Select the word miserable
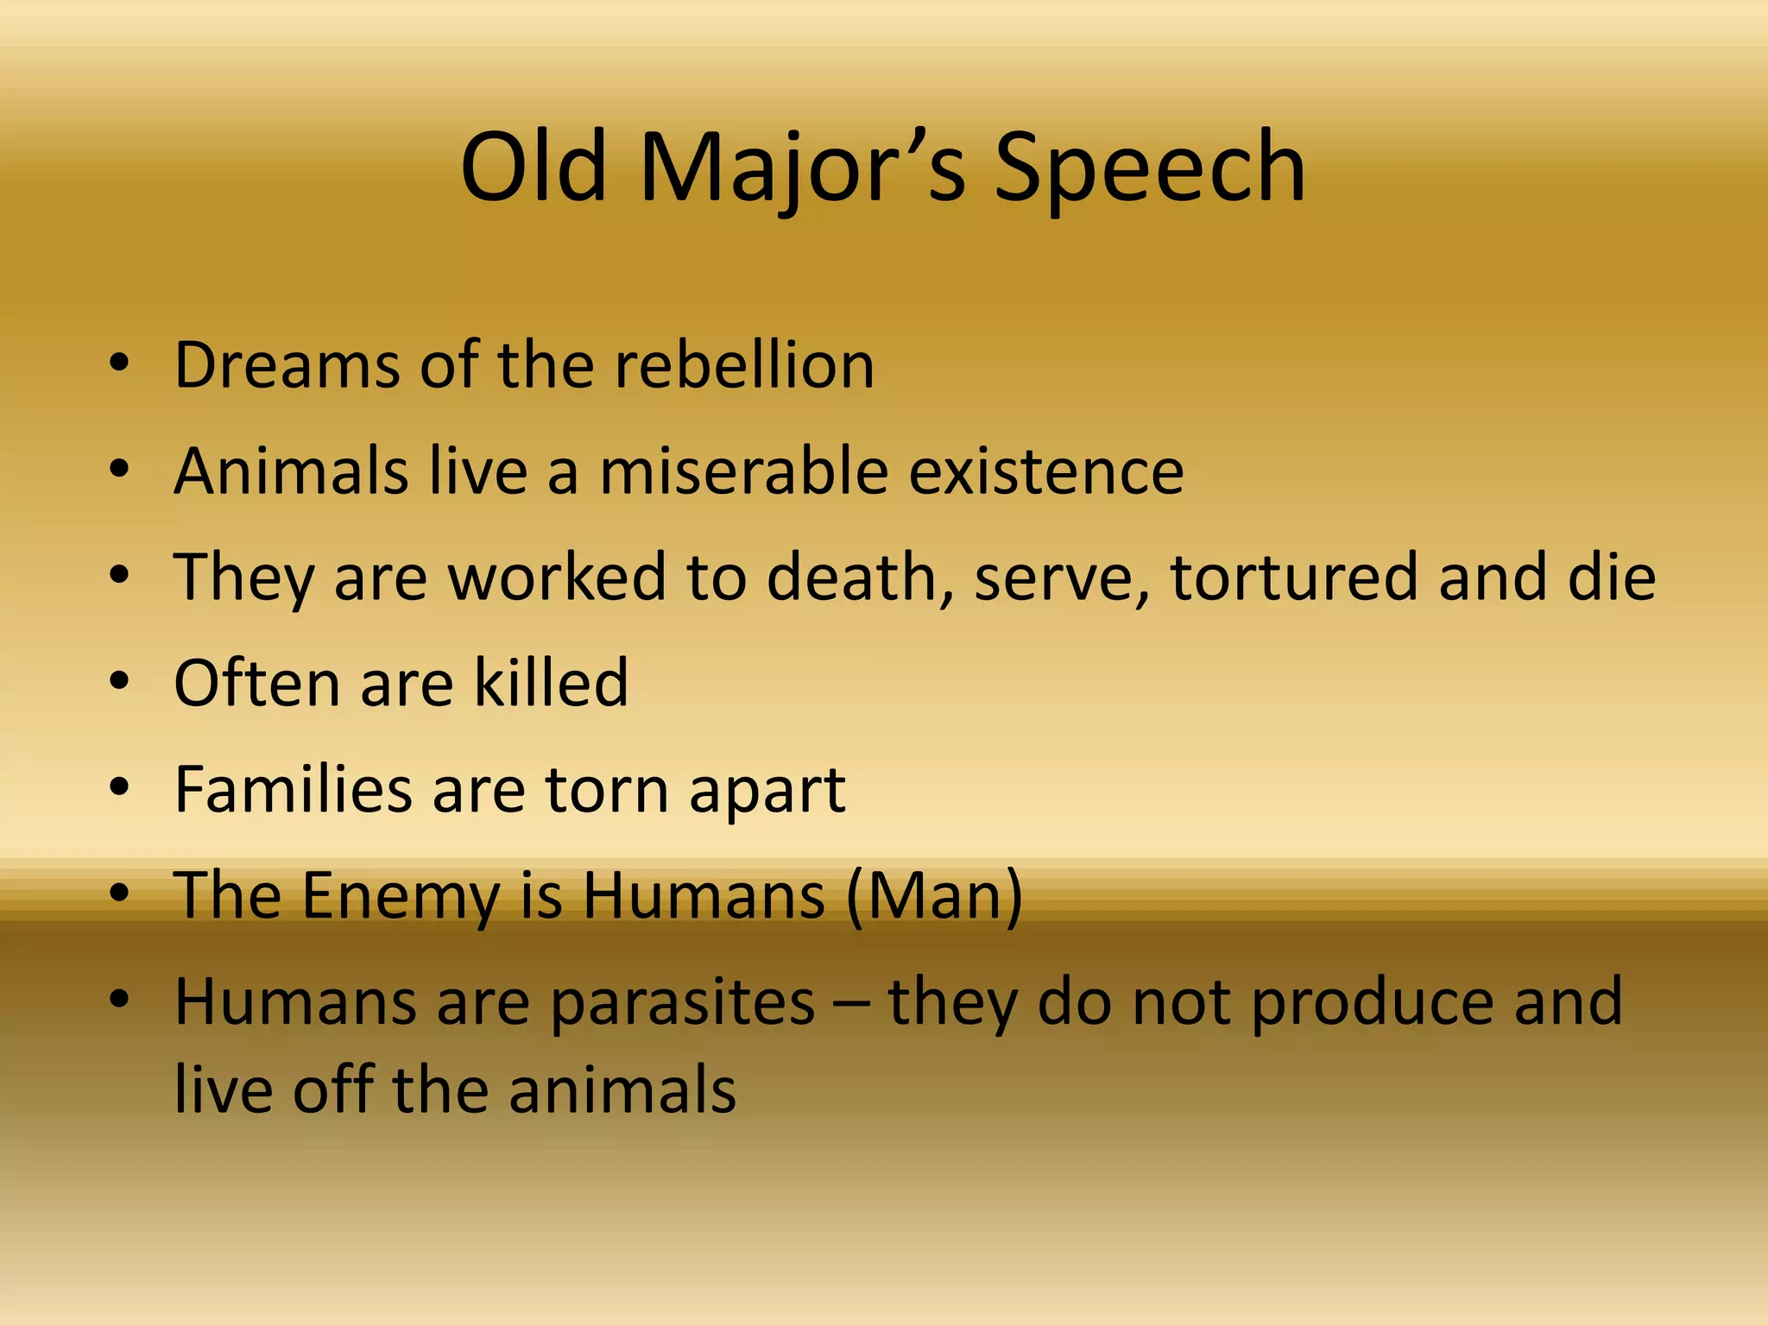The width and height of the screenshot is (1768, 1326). (x=743, y=471)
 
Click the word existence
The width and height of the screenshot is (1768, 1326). (x=1046, y=471)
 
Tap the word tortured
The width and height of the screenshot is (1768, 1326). (x=1293, y=577)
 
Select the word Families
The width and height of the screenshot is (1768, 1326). (x=294, y=789)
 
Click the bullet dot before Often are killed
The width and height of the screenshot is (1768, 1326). (x=119, y=682)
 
